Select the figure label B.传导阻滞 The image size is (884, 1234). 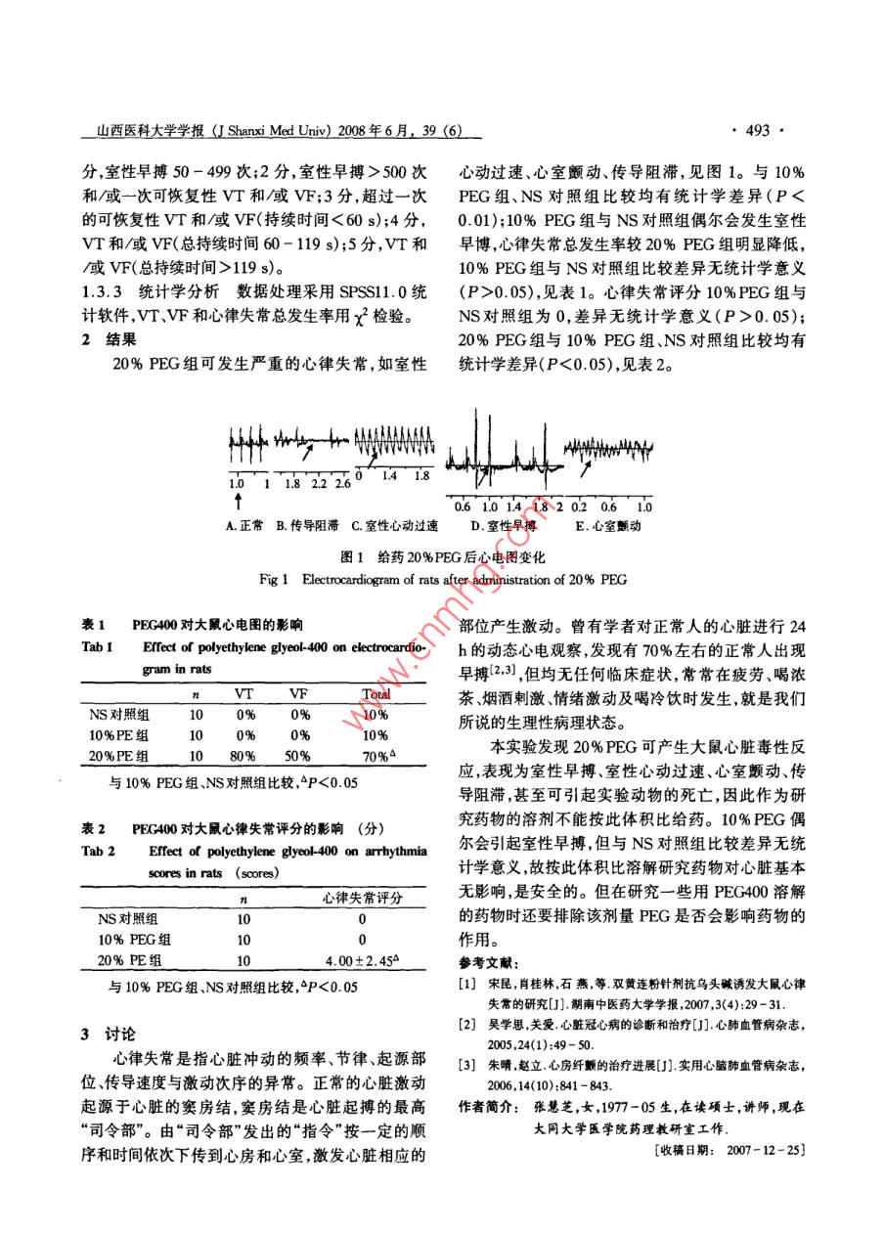(307, 525)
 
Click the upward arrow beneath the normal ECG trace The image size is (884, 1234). (237, 501)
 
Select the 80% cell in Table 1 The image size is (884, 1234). (243, 755)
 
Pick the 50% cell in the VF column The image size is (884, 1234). (299, 755)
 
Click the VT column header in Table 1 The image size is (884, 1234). (243, 693)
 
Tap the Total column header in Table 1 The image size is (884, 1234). (376, 693)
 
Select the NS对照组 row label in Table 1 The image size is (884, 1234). (118, 715)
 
